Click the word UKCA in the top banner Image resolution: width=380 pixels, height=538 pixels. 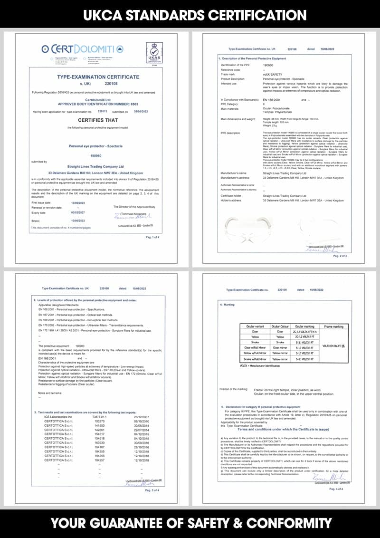tap(107, 14)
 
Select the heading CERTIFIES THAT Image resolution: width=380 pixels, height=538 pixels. tap(98, 120)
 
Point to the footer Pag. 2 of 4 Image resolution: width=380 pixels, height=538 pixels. tap(340, 256)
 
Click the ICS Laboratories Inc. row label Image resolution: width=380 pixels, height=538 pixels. tap(58, 417)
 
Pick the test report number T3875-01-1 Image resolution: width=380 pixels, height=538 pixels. tap(101, 417)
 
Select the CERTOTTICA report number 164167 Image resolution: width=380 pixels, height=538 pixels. tap(100, 447)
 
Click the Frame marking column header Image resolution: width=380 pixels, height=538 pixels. tap(333, 327)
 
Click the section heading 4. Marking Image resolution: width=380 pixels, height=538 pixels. tap(228, 304)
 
